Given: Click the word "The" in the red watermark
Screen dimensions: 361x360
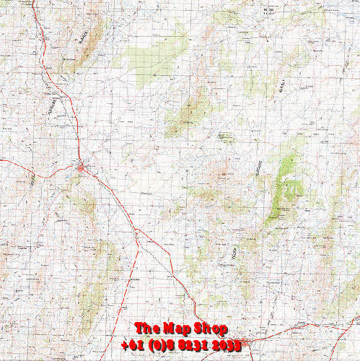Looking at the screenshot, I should pyautogui.click(x=145, y=329).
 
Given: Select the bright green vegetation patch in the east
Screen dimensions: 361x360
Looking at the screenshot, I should pyautogui.click(x=291, y=189).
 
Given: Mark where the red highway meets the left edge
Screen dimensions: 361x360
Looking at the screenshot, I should pyautogui.click(x=1, y=158).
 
